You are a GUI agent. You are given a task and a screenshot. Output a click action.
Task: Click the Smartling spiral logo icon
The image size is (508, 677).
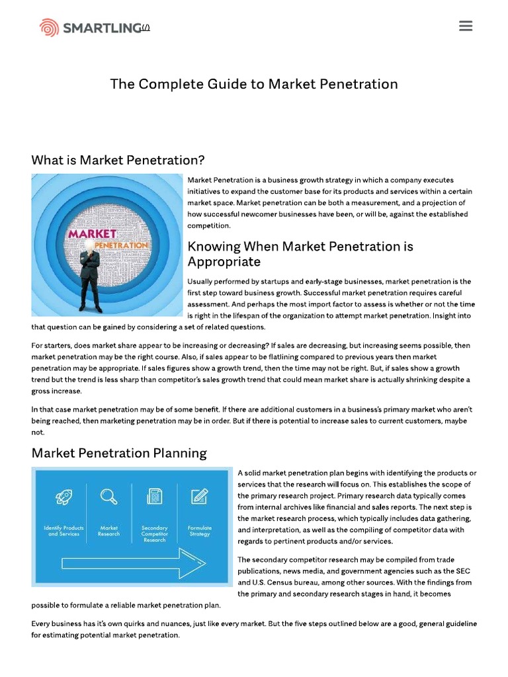pyautogui.click(x=49, y=28)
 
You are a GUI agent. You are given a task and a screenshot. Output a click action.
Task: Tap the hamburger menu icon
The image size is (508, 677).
pyautogui.click(x=466, y=26)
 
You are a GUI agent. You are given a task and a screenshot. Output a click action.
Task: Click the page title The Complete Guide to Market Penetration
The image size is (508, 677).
pyautogui.click(x=254, y=84)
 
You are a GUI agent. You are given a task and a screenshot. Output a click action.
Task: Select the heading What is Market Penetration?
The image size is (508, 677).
pyautogui.click(x=118, y=160)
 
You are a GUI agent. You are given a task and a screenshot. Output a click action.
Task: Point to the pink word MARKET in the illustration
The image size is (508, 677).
pyautogui.click(x=92, y=234)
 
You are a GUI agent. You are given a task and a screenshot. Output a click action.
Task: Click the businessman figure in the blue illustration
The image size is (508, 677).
pyautogui.click(x=91, y=271)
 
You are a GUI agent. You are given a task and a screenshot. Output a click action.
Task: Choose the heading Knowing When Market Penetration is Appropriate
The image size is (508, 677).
pyautogui.click(x=300, y=254)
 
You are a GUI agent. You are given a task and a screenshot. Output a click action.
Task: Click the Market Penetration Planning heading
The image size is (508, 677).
pyautogui.click(x=119, y=453)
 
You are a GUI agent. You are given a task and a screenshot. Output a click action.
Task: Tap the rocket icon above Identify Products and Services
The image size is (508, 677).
pyautogui.click(x=64, y=497)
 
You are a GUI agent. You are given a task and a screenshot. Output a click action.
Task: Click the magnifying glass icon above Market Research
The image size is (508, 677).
pyautogui.click(x=108, y=497)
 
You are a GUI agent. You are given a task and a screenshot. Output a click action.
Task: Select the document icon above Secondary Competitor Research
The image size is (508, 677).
pyautogui.click(x=155, y=497)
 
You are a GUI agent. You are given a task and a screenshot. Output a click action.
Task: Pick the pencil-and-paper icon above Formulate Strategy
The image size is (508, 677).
pyautogui.click(x=199, y=497)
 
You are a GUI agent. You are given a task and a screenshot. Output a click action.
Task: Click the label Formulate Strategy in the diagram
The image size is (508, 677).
pyautogui.click(x=199, y=531)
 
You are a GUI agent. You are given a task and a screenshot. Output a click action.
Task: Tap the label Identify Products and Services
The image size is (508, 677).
pyautogui.click(x=64, y=531)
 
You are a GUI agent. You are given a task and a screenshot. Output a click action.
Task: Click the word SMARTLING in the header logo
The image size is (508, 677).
pyautogui.click(x=102, y=28)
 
